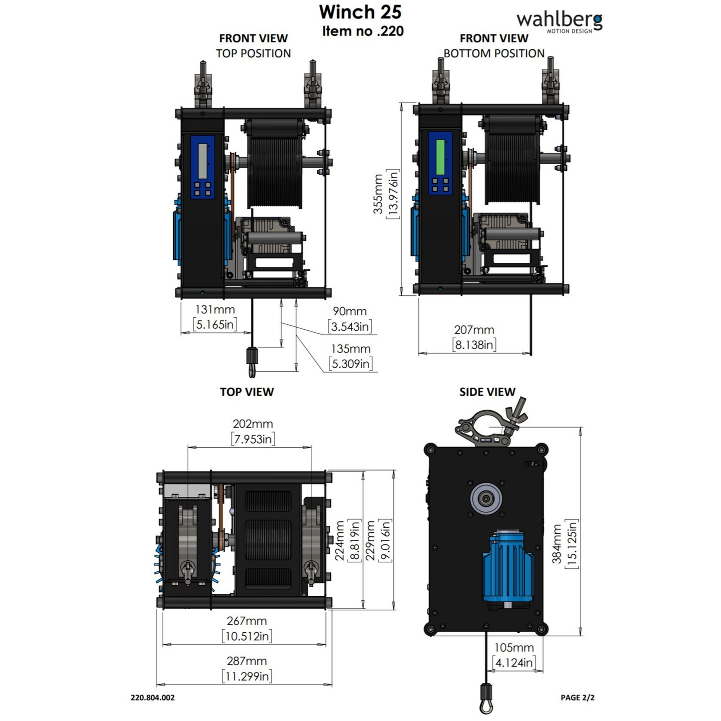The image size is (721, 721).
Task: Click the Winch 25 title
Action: (360, 12)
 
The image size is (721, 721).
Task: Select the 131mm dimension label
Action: (215, 310)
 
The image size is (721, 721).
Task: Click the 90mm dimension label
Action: (350, 311)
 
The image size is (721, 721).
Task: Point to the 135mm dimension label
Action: (351, 349)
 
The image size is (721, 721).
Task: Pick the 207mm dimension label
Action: (474, 330)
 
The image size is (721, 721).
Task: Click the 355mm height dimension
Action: (379, 194)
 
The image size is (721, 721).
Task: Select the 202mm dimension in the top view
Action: (253, 424)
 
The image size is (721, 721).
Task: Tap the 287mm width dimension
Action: (246, 661)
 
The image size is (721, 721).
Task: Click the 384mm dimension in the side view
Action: (557, 543)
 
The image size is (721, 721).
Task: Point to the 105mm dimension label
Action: (514, 648)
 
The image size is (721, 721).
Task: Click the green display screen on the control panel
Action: (440, 157)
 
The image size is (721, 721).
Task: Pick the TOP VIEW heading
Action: (247, 392)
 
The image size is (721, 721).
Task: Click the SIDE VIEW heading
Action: (487, 392)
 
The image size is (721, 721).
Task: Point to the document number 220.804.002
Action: (153, 698)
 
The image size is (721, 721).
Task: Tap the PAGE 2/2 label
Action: (577, 698)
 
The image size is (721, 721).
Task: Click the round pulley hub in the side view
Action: (486, 498)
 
